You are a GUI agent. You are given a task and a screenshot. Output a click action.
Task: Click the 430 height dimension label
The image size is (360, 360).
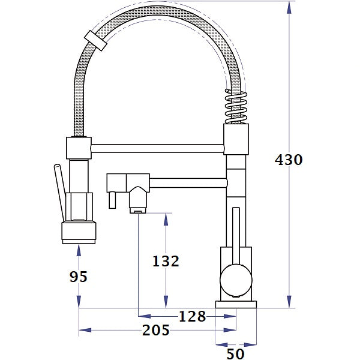pos(289,160)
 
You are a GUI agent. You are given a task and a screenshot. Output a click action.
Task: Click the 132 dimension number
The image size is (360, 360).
pos(166,261)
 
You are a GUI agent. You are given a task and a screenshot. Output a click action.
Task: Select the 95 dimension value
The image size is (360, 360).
pos(79,277)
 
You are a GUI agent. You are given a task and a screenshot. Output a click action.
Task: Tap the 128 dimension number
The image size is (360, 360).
pos(192,316)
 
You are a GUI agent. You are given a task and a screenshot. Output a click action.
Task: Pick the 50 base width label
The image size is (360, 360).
pos(235,354)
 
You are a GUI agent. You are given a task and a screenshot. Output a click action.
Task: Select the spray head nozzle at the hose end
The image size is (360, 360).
pos(79,232)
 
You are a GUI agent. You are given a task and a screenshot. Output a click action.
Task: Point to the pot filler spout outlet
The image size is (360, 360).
pos(138,204)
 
